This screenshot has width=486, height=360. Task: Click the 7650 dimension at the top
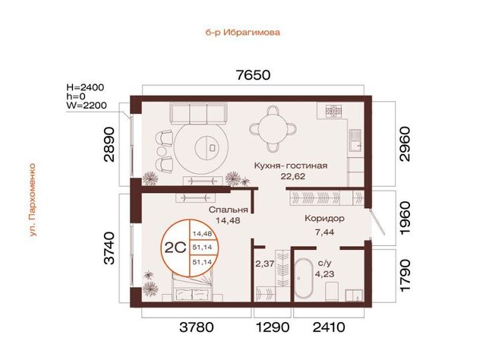(253, 75)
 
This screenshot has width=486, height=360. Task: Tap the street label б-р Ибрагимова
(243, 32)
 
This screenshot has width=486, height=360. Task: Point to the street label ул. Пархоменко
(32, 200)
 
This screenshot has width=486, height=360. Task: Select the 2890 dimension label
(109, 144)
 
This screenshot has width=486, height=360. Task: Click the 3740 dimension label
(109, 248)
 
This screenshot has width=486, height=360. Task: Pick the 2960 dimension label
(405, 144)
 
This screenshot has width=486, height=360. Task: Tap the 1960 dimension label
(405, 219)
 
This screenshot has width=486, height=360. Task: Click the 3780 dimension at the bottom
(197, 327)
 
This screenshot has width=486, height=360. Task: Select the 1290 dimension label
(273, 327)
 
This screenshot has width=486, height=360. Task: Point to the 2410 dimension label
(329, 327)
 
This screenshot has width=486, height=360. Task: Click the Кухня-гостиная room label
(291, 166)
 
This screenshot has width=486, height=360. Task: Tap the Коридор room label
(324, 219)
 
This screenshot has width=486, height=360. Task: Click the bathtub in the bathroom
(304, 278)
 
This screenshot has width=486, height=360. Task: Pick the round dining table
(273, 128)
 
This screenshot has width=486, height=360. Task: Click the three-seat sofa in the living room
(198, 113)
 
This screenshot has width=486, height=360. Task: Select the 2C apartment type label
(175, 248)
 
